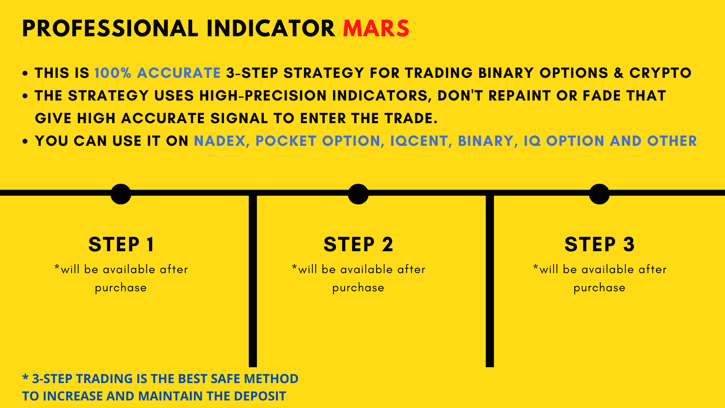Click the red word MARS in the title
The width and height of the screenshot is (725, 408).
[376, 28]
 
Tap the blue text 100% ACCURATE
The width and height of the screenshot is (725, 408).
[157, 73]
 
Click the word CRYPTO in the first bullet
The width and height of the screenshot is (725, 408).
[660, 73]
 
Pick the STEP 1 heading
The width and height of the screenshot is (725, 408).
[121, 244]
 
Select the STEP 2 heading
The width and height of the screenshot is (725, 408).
[358, 244]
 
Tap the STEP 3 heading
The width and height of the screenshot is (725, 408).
[599, 244]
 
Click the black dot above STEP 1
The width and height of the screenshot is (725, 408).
[121, 194]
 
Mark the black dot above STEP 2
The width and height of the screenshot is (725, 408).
[358, 194]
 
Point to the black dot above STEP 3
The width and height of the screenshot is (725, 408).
[599, 194]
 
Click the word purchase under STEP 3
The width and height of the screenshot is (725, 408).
[599, 288]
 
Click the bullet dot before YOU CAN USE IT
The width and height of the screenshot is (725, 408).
[25, 141]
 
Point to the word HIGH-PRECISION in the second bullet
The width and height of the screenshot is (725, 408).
[263, 96]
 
